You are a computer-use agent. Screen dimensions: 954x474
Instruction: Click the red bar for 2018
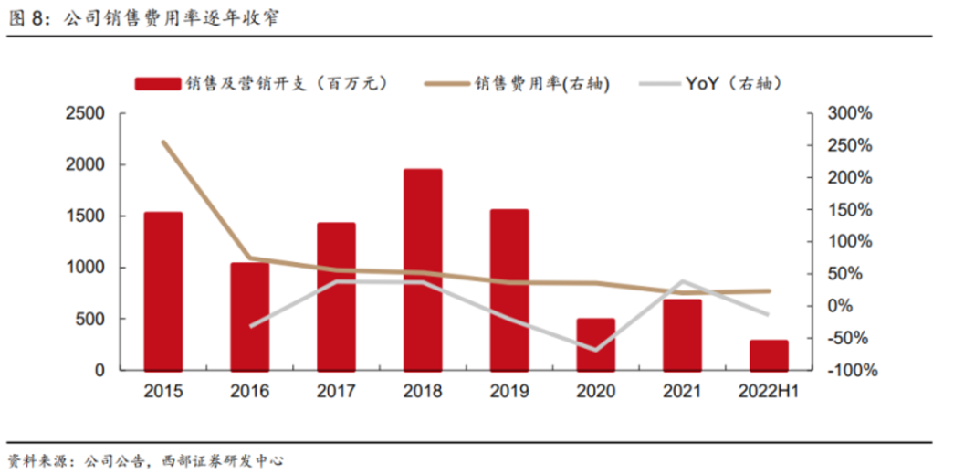(423, 269)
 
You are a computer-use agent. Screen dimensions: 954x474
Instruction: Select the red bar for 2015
(163, 290)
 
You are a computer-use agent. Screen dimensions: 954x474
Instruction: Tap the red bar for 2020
(596, 344)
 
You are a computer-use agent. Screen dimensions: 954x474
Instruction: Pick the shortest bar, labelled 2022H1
(769, 355)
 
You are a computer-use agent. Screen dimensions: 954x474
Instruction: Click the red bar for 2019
(509, 290)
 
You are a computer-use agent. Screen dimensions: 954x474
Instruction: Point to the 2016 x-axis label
(250, 391)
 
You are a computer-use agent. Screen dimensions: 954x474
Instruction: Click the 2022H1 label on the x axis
(769, 391)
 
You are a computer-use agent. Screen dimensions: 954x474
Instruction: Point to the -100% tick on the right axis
(848, 371)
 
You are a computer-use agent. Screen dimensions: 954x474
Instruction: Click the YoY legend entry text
(733, 84)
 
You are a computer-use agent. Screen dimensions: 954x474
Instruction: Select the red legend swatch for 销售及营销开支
(158, 84)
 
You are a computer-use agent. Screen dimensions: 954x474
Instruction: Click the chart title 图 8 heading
(144, 19)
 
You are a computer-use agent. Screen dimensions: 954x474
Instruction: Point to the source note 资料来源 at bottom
(146, 460)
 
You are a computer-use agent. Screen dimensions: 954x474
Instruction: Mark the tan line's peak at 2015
(163, 142)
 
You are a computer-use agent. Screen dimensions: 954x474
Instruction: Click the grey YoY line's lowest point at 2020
(596, 350)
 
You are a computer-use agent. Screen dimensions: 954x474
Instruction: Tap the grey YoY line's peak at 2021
(683, 281)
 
